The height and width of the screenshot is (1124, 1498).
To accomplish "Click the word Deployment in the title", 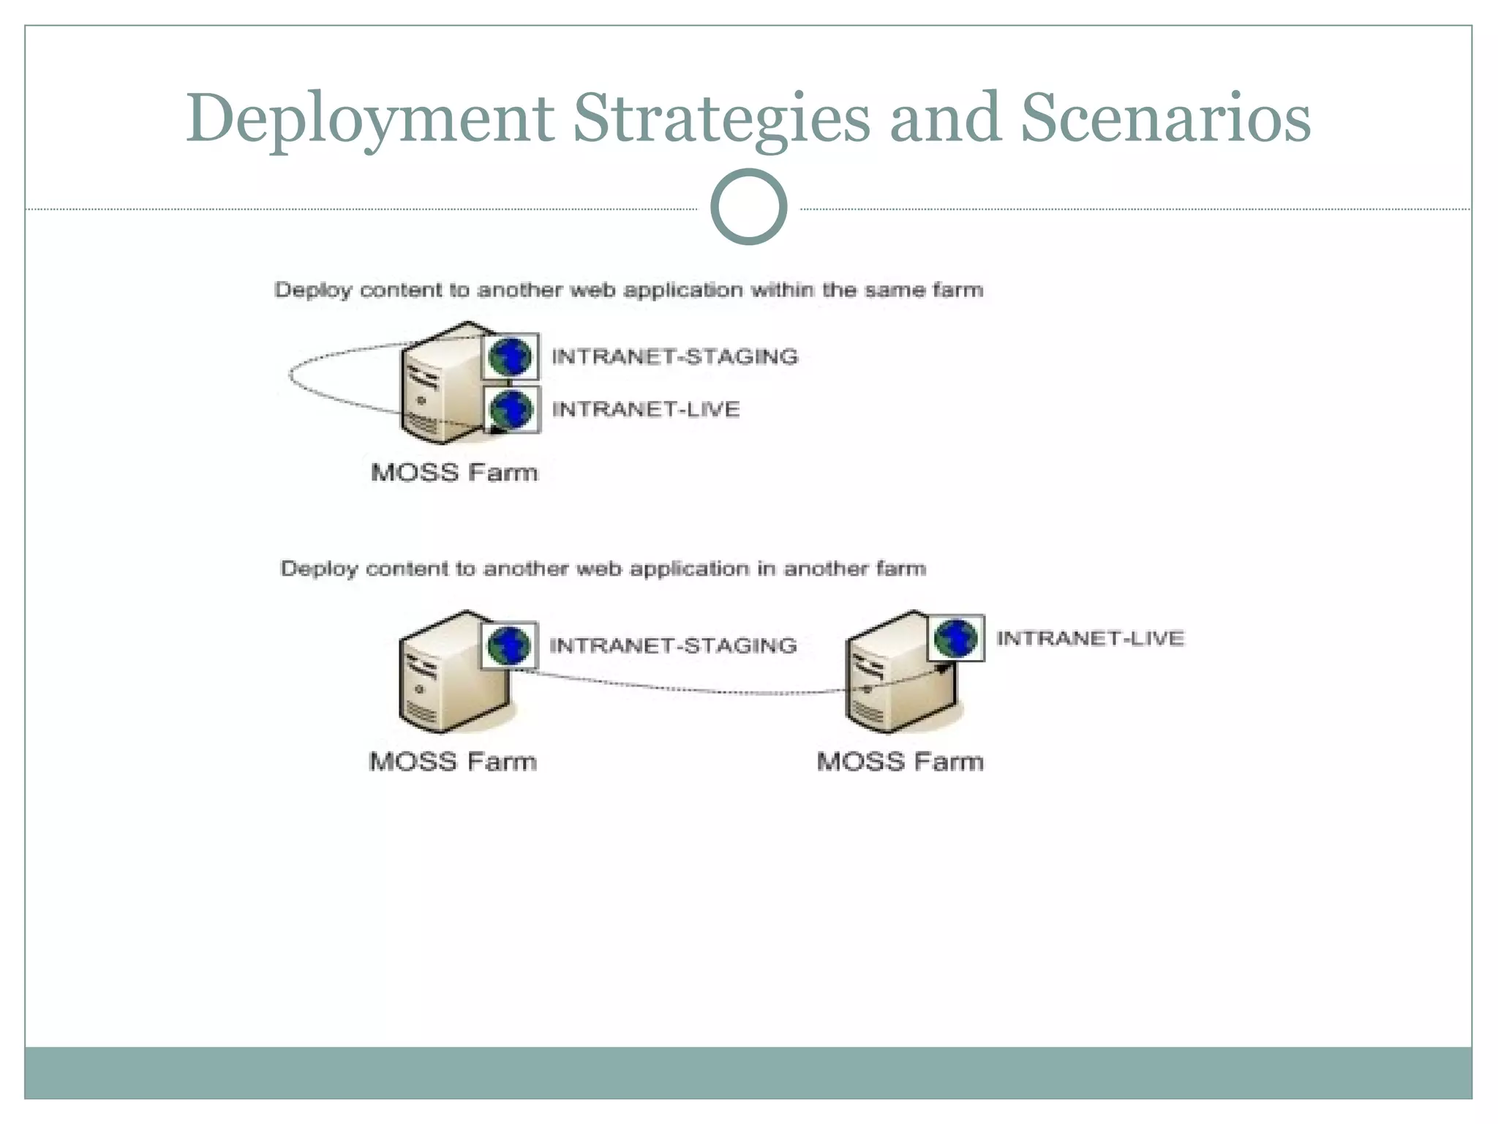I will pos(369,119).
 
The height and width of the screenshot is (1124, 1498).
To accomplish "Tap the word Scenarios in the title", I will pos(1164,119).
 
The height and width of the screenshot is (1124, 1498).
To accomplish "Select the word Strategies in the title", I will pos(720,119).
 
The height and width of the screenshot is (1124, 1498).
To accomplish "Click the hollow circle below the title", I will pos(748,206).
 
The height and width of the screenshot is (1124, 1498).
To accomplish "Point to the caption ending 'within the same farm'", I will pos(628,290).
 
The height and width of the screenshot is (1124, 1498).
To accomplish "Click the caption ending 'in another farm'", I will pos(603,569).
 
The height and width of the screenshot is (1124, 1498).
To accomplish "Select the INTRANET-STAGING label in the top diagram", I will pos(674,356).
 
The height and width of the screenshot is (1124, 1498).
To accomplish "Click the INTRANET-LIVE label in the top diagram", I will pos(645,409).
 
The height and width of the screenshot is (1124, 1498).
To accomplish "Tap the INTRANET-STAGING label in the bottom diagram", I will pos(672,645).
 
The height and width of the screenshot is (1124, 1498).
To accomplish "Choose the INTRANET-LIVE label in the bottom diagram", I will pos(1089,638).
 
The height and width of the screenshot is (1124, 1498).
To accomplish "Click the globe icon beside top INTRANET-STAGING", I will pos(510,356).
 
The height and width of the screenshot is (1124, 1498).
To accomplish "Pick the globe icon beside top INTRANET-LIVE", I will pos(511,409).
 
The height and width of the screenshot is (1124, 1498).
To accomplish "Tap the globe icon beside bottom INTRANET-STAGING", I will pos(509,645).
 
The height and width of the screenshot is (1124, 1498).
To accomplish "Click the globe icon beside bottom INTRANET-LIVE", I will pos(956,638).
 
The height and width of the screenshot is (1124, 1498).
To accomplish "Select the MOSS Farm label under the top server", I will pos(454,472).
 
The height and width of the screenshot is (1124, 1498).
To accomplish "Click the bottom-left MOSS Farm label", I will pos(453,761).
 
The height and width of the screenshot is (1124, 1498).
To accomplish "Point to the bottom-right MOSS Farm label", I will pos(900,761).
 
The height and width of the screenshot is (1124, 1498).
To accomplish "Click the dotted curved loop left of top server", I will pos(291,375).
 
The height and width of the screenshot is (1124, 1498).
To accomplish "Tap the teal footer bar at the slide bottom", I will pos(748,1072).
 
